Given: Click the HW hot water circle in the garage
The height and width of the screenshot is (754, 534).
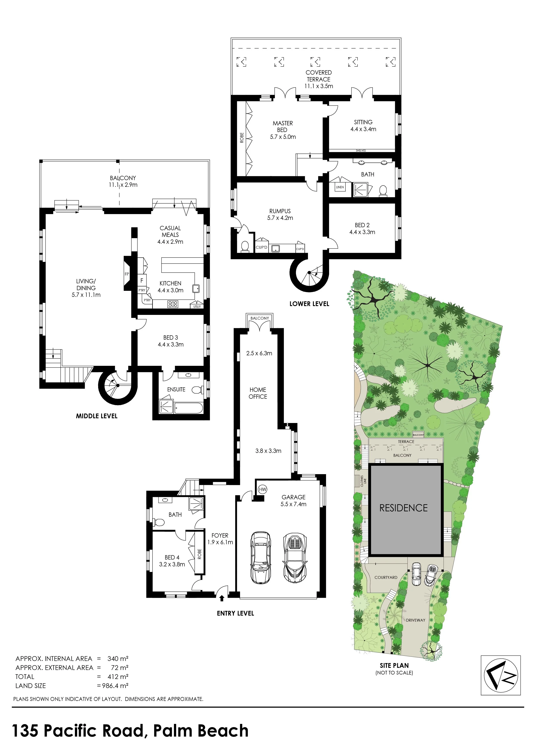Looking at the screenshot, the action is click(x=262, y=489).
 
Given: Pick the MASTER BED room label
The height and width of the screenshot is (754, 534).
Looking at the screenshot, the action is click(x=283, y=126).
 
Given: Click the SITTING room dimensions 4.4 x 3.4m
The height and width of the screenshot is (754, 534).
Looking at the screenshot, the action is click(x=363, y=129).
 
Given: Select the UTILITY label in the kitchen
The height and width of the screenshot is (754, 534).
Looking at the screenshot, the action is click(x=197, y=307).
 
